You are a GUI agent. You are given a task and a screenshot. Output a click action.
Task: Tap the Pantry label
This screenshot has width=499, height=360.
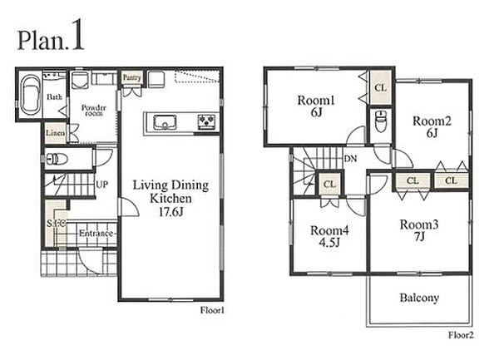(x=131, y=77)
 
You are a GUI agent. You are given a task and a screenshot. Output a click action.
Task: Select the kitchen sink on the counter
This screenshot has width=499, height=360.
(x=165, y=122)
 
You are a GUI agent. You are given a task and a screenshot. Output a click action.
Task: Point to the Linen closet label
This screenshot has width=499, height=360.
(x=56, y=133)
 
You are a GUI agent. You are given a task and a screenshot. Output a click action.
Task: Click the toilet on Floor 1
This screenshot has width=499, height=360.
(x=57, y=159)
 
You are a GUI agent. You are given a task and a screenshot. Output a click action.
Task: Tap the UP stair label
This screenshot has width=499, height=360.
(x=101, y=184)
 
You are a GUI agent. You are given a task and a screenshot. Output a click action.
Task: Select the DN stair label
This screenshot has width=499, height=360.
(x=350, y=159)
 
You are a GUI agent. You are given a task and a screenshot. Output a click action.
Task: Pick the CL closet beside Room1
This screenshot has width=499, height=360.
(x=380, y=87)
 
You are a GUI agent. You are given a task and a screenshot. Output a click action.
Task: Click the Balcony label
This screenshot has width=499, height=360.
(x=419, y=298)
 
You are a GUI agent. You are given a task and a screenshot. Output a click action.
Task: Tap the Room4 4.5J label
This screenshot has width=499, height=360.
(x=329, y=236)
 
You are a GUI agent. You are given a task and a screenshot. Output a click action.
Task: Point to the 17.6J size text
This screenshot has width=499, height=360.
(x=170, y=212)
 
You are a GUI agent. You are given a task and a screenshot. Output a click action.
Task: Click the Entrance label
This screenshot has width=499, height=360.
(x=96, y=234)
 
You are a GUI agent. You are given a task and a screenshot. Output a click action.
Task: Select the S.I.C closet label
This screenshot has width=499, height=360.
(x=57, y=224)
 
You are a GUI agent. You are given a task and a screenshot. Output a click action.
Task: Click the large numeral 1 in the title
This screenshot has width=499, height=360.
(x=77, y=35)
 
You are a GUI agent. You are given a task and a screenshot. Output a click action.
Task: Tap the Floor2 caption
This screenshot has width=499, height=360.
(x=461, y=335)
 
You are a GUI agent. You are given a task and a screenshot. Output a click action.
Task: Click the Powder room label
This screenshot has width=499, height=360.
(x=93, y=110)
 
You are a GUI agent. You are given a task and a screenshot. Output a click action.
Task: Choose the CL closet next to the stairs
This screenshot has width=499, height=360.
(x=329, y=184)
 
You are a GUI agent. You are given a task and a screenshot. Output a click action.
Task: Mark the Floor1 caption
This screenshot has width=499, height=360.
(x=212, y=310)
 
